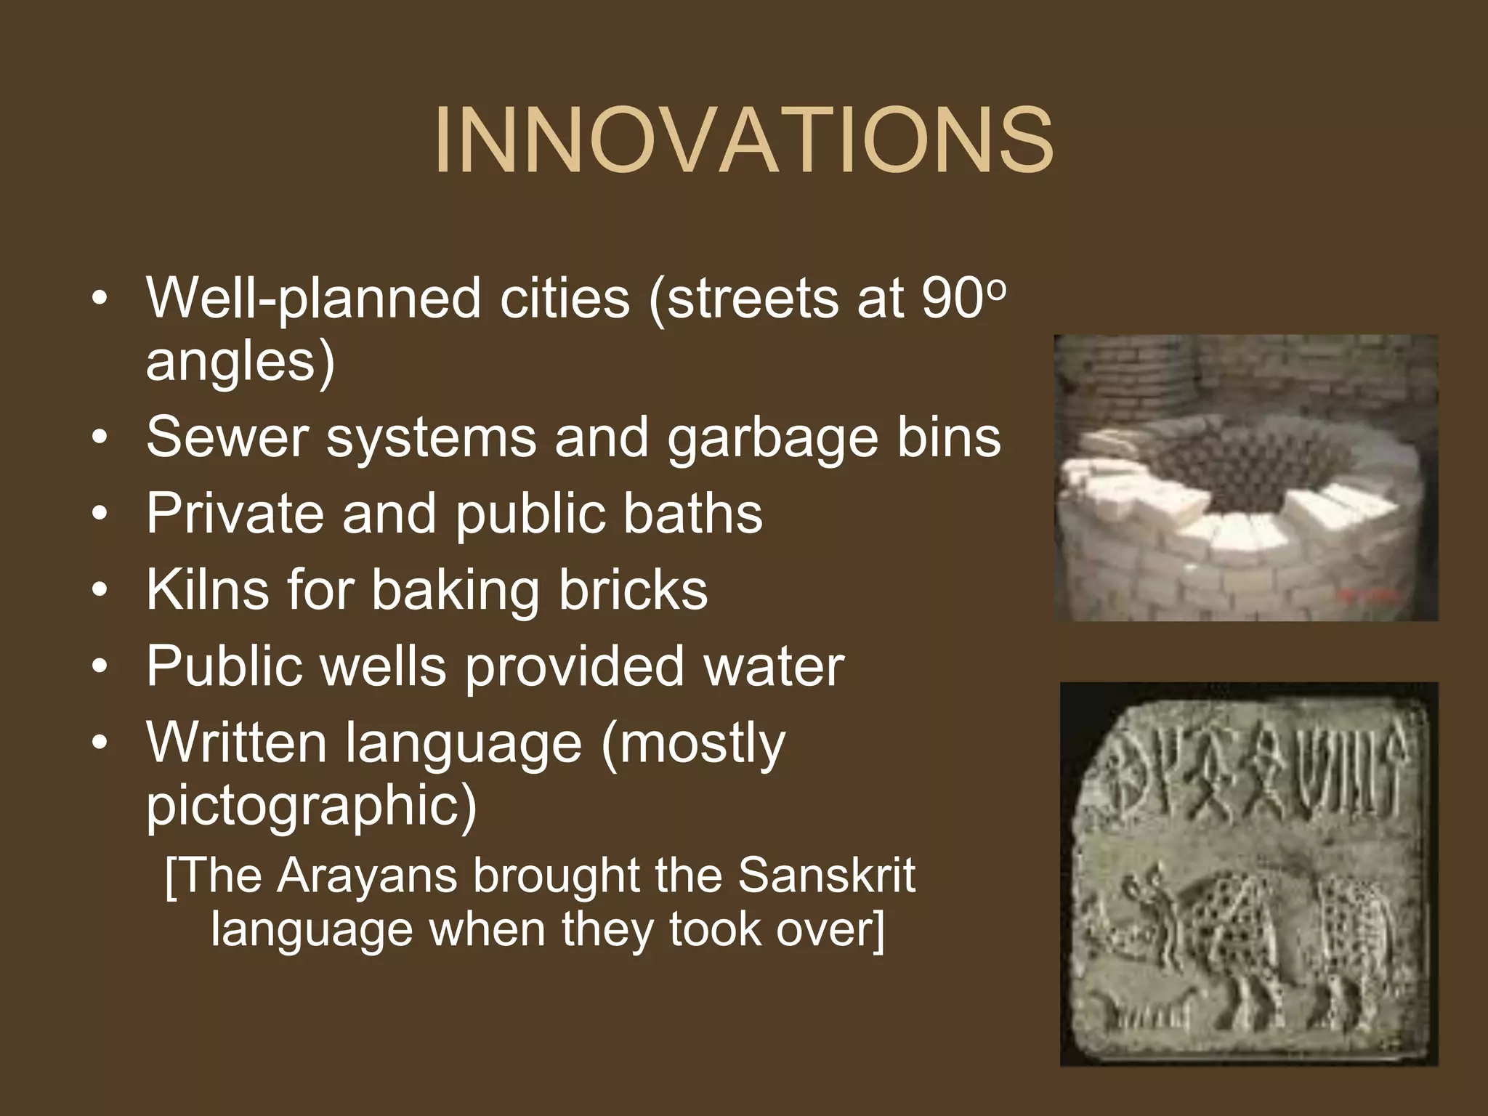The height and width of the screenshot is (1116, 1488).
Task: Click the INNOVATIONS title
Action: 743,140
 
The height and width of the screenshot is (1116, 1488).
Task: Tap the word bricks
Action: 633,589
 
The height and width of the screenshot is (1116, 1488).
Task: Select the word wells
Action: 384,666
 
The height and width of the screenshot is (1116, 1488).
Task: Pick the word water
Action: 773,666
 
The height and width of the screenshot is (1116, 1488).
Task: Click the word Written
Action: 236,743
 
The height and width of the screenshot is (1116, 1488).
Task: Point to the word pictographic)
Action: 311,806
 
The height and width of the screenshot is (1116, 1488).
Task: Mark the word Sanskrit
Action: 826,875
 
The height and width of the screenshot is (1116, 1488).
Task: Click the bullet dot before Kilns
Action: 100,590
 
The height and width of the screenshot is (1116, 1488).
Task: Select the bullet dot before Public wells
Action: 100,667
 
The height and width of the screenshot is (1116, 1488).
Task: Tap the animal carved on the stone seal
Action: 1235,937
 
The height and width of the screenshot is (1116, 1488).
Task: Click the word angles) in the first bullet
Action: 240,362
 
